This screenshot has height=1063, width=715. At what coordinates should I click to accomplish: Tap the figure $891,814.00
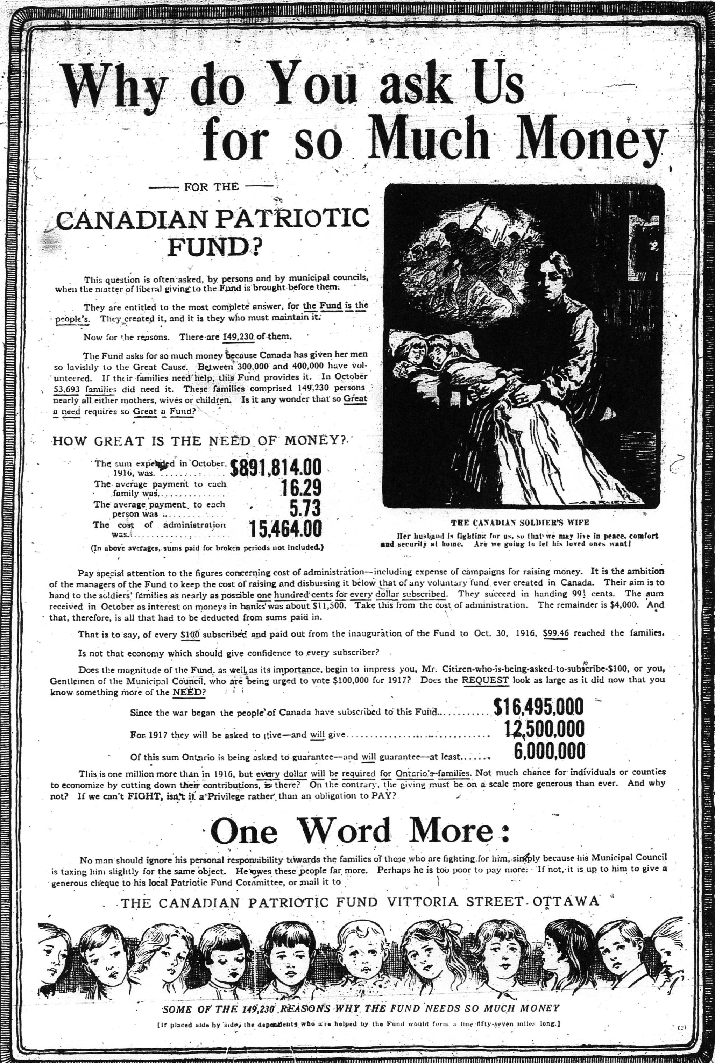tap(276, 468)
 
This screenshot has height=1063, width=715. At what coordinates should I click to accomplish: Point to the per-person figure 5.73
tap(305, 508)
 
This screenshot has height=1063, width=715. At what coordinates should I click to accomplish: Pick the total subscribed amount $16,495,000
tap(538, 707)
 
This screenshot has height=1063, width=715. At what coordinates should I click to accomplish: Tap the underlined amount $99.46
tap(555, 633)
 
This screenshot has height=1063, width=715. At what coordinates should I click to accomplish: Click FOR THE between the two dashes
tap(211, 186)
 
